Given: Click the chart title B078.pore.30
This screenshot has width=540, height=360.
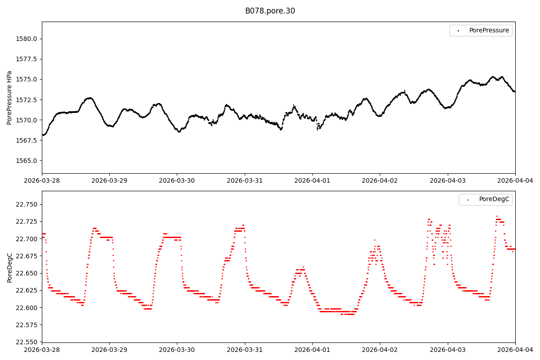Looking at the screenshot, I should click(x=270, y=11).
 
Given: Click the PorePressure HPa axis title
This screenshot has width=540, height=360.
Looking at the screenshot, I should click(x=9, y=98).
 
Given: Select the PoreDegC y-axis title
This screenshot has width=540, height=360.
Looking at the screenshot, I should click(x=9, y=267).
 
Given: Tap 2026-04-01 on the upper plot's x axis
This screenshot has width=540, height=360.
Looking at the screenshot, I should click(x=312, y=180).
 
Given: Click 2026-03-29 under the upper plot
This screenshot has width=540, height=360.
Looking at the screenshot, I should click(x=109, y=180).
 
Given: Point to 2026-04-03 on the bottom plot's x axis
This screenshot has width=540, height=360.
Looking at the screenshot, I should click(x=447, y=350).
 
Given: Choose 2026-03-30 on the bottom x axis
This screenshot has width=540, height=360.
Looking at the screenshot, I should click(x=177, y=350).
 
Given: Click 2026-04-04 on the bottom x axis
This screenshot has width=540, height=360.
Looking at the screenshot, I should click(x=515, y=350).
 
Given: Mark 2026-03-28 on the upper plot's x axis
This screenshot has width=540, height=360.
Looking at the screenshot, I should click(x=42, y=180).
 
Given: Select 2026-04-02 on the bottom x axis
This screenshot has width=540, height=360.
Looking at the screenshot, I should click(x=380, y=350).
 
